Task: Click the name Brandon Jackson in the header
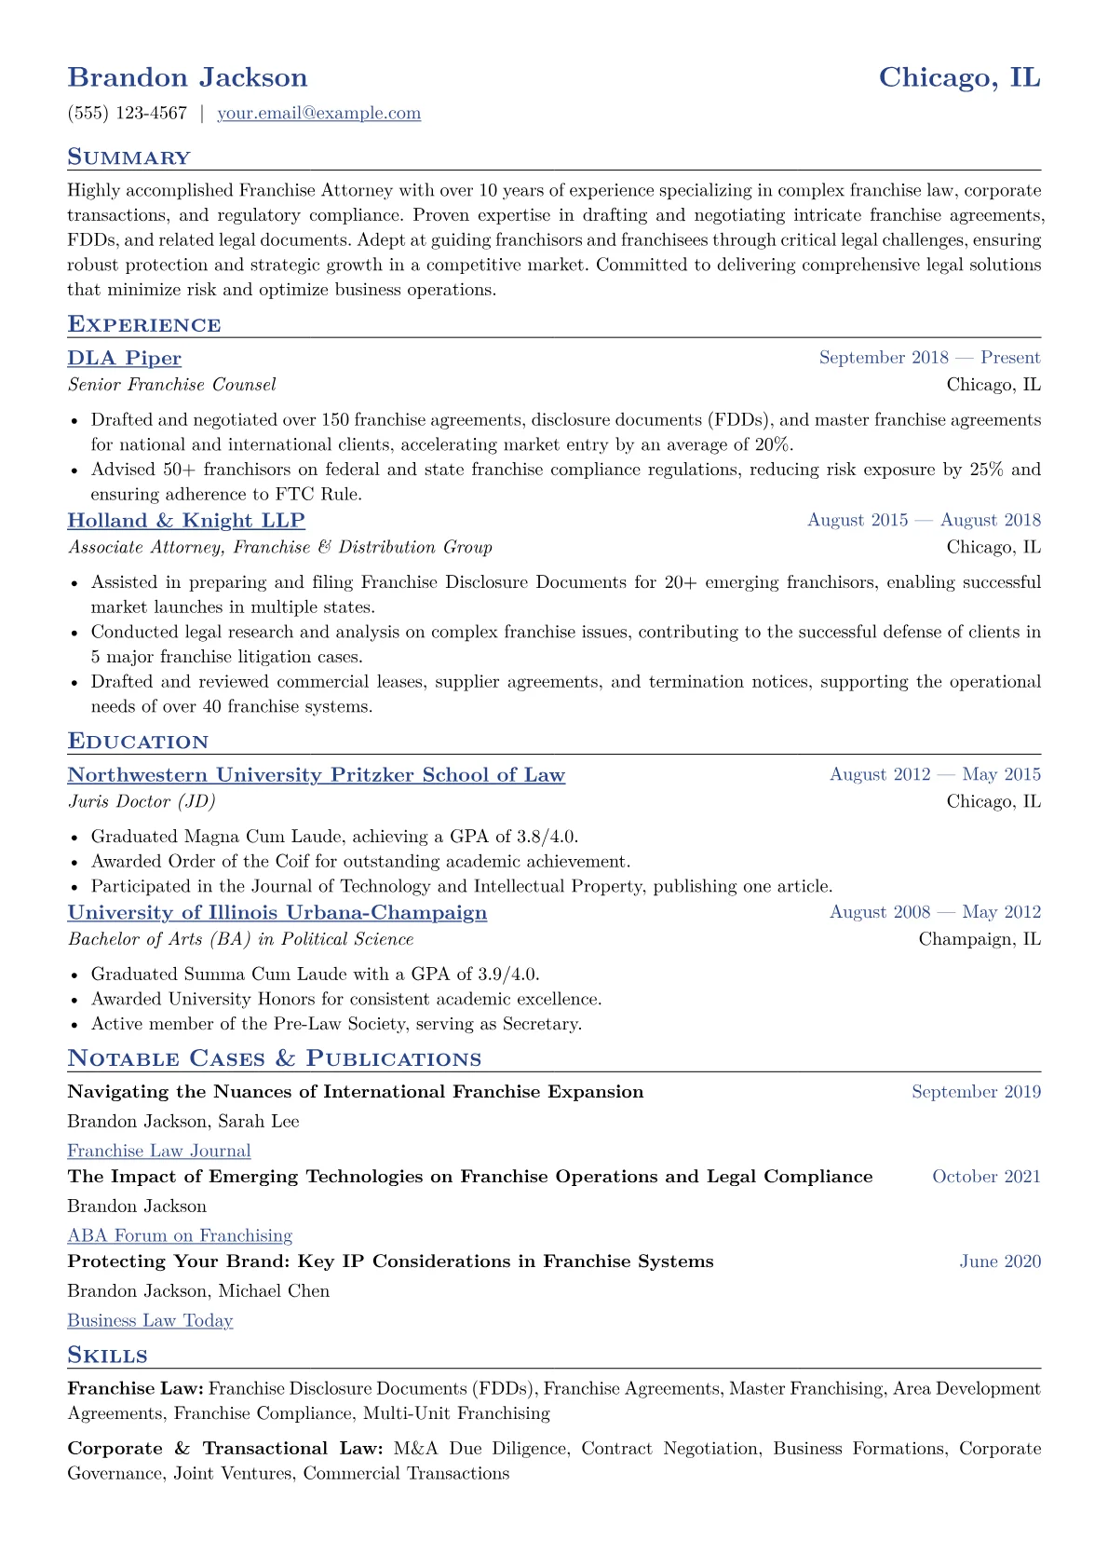tap(187, 77)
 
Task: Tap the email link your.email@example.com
tap(318, 114)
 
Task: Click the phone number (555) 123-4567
tap(128, 114)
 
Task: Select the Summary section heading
tap(128, 157)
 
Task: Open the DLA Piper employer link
tap(124, 359)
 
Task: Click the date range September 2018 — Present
tap(929, 358)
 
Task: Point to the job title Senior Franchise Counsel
tap(171, 385)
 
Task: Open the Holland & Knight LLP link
tap(186, 521)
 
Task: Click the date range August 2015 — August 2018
tap(924, 520)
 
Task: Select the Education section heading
tap(138, 742)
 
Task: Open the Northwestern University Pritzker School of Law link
tap(316, 775)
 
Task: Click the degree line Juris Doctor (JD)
tap(142, 801)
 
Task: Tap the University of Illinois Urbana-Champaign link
tap(277, 913)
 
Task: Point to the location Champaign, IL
tap(980, 939)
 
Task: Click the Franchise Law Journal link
tap(158, 1152)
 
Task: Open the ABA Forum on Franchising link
tap(180, 1236)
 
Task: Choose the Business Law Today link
tap(150, 1321)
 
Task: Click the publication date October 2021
tap(986, 1177)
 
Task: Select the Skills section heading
tap(107, 1355)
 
